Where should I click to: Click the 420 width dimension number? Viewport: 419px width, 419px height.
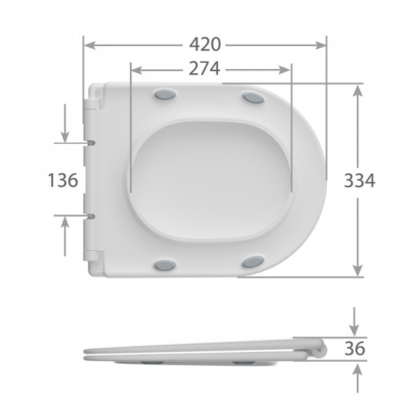[205, 45]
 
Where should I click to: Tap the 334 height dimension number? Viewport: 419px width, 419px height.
[360, 180]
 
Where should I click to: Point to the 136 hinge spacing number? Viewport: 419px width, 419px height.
[63, 180]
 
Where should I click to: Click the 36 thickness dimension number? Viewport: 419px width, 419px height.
[356, 348]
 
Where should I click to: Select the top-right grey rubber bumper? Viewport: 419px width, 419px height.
[253, 98]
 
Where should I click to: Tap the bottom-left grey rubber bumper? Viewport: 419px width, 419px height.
[165, 265]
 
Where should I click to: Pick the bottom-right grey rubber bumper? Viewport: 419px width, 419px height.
[253, 263]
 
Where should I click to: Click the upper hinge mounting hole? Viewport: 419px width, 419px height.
[91, 142]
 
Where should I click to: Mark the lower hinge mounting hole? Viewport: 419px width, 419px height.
[91, 216]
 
